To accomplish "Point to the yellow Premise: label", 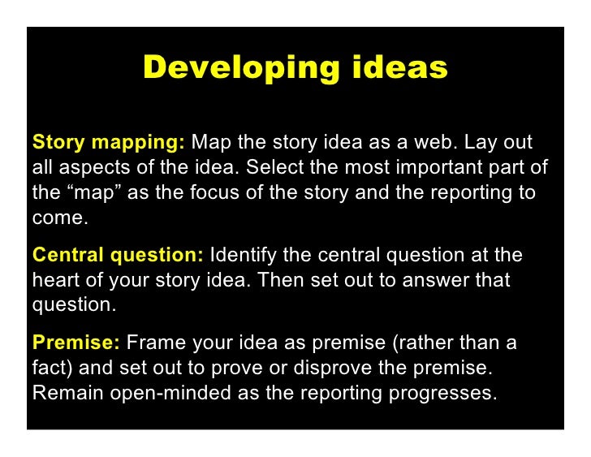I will coord(77,342).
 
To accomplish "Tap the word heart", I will coord(54,281).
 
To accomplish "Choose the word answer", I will coord(446,281).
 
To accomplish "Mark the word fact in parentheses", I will coord(51,367).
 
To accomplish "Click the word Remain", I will coord(63,392).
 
